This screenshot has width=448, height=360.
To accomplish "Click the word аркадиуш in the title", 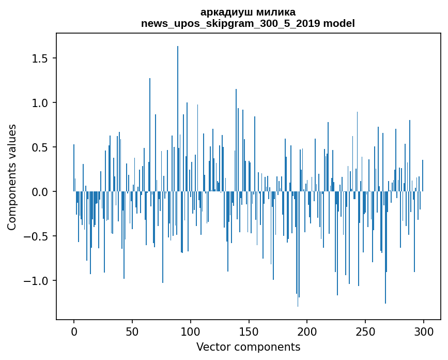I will [x=224, y=12].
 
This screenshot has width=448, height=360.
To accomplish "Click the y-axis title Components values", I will [x=12, y=177].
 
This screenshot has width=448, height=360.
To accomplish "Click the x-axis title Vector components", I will [x=248, y=347].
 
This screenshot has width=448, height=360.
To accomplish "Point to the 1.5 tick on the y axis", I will [x=39, y=58].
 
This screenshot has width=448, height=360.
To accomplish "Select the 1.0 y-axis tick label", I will [x=39, y=103].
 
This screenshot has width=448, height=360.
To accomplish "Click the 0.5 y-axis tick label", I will [x=39, y=147].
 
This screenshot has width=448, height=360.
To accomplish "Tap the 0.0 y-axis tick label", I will [x=39, y=192].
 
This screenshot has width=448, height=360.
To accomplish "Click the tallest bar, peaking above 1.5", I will [x=178, y=119].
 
